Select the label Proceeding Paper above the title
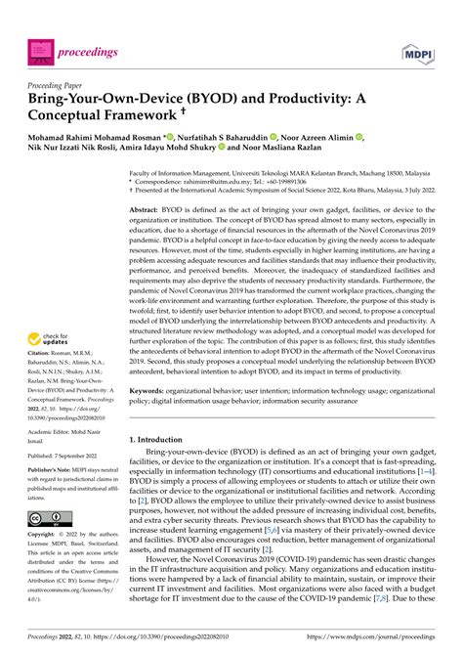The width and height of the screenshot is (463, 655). (x=63, y=85)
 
